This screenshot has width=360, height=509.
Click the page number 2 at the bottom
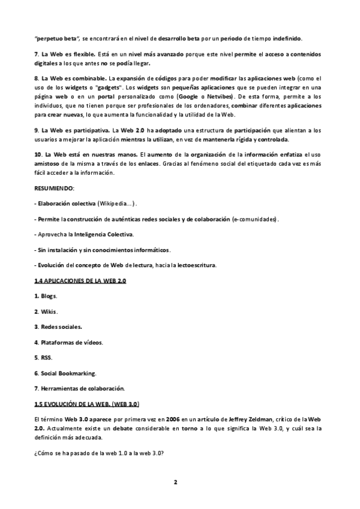(176, 481)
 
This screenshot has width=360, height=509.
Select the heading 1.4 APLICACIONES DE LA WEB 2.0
(80, 281)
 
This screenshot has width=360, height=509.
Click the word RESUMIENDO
(55, 188)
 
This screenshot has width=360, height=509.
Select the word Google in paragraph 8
(190, 96)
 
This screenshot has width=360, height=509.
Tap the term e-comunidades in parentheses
(255, 219)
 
